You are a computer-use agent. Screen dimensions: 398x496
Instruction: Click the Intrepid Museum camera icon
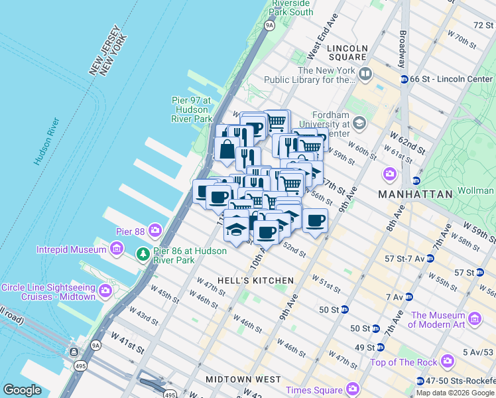point(117,249)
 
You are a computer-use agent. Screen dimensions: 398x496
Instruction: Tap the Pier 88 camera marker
point(155,230)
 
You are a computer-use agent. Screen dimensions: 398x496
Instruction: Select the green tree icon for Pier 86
point(143,255)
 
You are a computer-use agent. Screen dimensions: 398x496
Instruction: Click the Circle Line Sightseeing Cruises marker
point(105,291)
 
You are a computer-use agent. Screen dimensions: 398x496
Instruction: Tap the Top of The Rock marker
point(448,362)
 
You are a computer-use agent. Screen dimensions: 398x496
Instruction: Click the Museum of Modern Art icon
point(475,319)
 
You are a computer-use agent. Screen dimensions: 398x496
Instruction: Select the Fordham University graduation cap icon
point(359,123)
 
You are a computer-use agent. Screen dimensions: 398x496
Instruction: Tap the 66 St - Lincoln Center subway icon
point(404,79)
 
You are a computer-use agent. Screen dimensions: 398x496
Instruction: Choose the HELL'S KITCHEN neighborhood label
point(255,281)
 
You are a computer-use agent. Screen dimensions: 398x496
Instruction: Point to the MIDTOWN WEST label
point(243,379)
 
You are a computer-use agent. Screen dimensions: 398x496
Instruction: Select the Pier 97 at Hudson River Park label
point(191,109)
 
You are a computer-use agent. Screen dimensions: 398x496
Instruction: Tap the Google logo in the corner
point(23,390)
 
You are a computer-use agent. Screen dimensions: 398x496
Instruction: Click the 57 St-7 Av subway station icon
point(430,258)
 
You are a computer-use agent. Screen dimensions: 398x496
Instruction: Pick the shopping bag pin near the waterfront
point(227,149)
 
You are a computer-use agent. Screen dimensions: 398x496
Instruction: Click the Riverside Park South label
point(292,7)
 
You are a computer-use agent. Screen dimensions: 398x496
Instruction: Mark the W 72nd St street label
point(479,25)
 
